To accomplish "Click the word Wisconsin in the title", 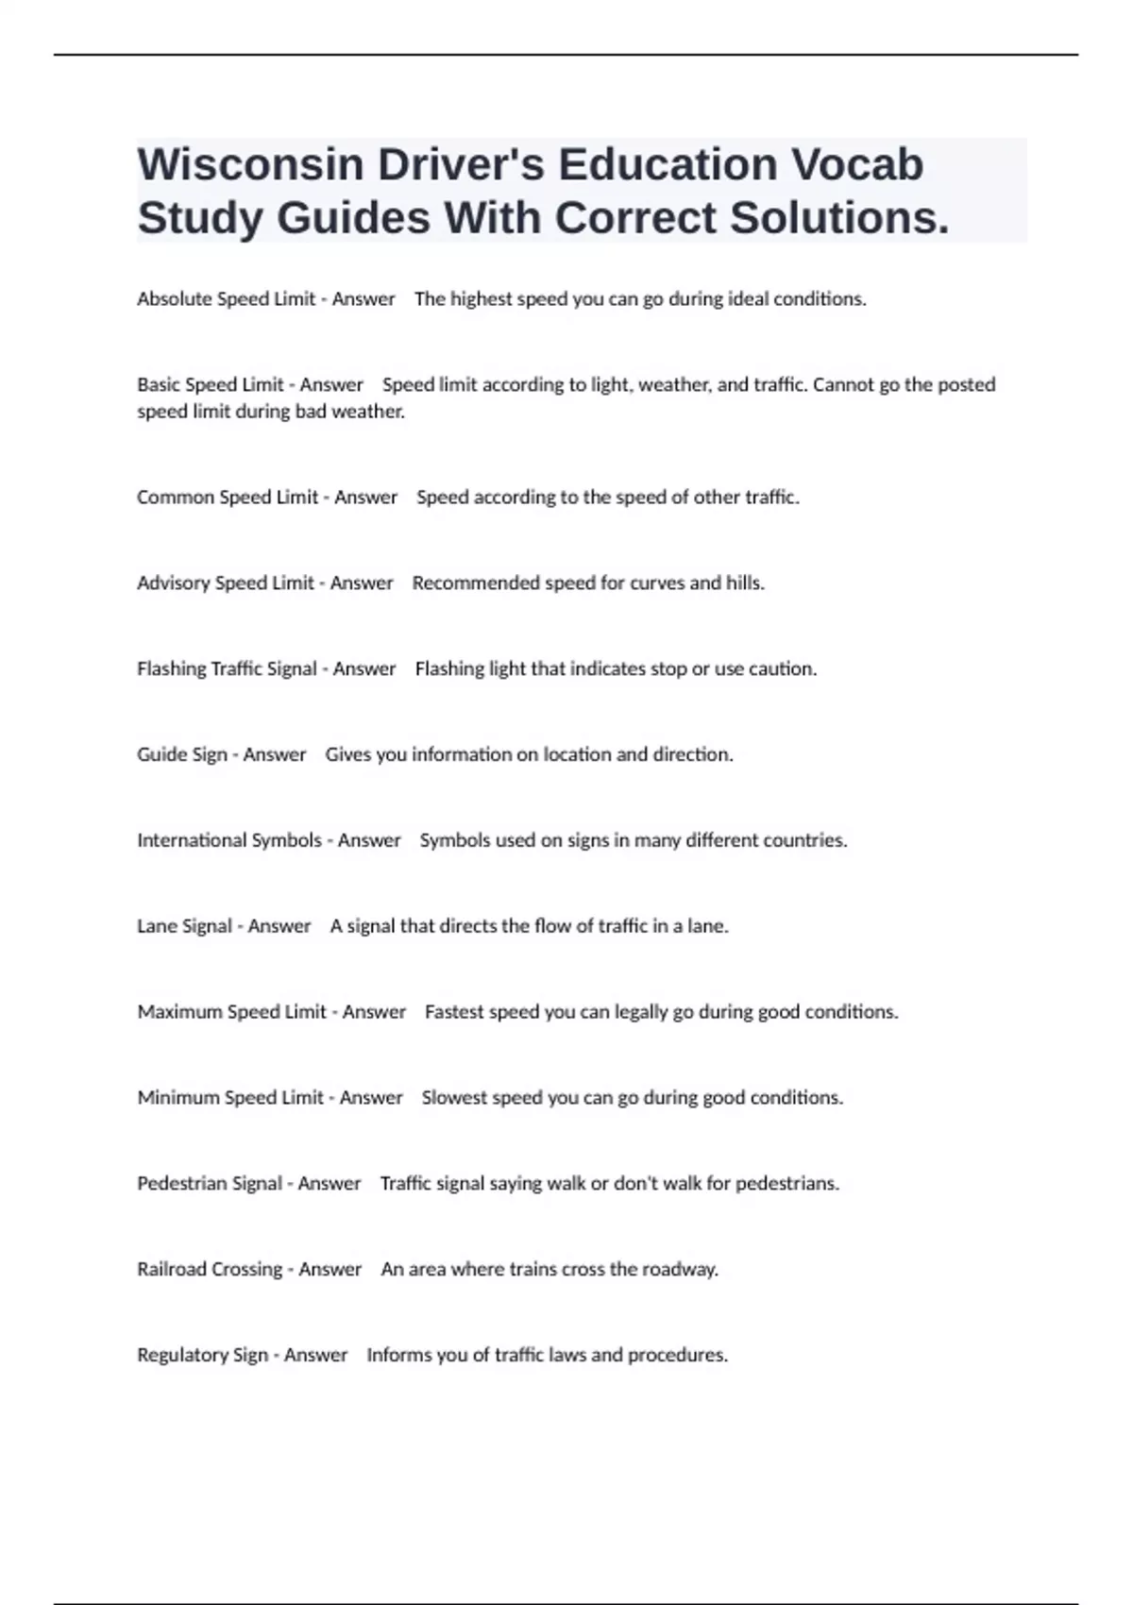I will (250, 165).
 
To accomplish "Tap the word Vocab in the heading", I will (856, 165).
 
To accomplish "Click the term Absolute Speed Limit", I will (227, 299).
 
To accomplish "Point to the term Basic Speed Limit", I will (211, 385).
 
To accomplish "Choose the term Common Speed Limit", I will (228, 498).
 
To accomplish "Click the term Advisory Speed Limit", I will (226, 583).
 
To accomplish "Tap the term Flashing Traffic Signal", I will (227, 669).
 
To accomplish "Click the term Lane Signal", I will (184, 926).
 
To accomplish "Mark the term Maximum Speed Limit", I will (232, 1012).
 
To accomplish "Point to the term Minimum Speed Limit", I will (230, 1098).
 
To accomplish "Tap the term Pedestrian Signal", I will (210, 1184).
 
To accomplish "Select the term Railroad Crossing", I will (210, 1270).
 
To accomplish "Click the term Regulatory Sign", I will (203, 1356).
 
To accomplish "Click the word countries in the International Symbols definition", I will (804, 840).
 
